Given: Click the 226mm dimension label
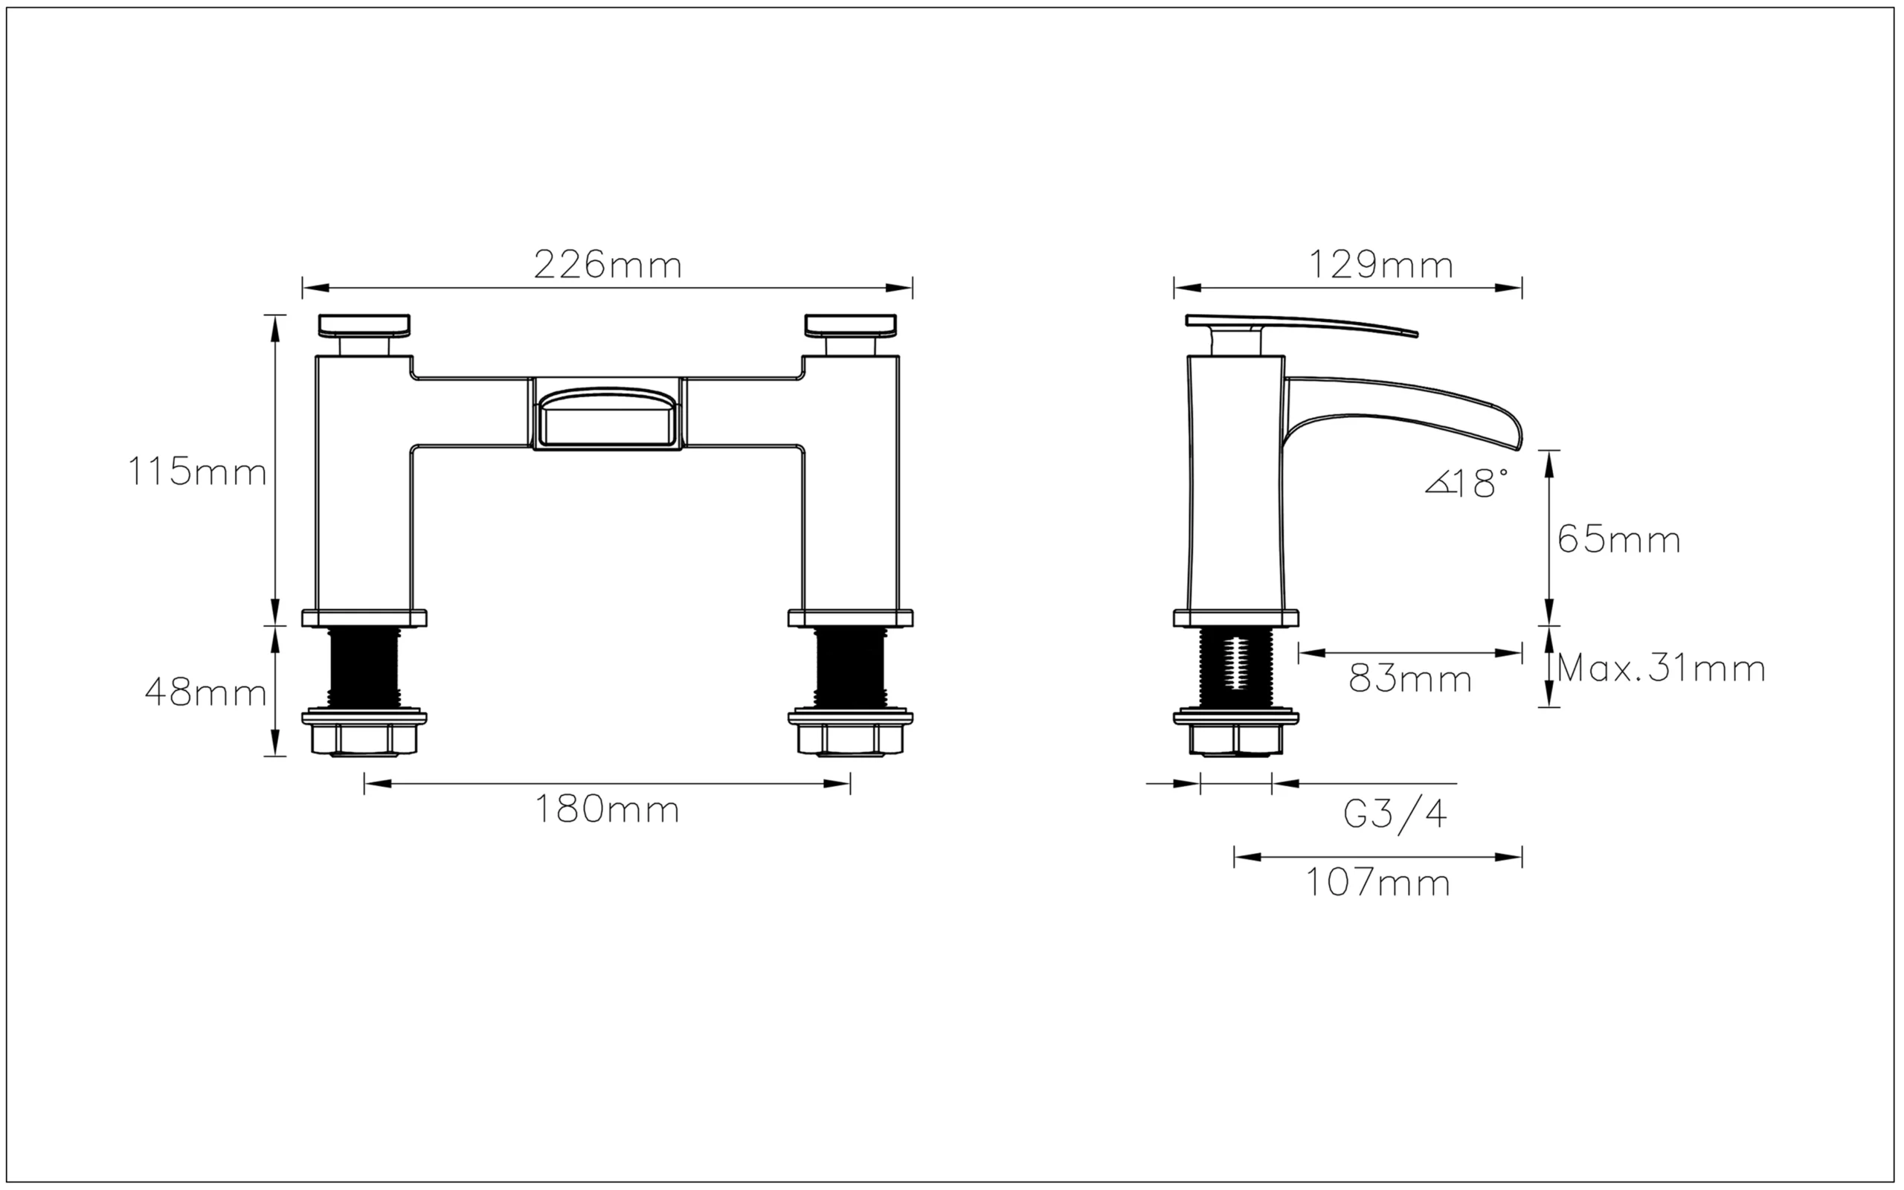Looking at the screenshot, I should (608, 266).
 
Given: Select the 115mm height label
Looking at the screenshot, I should (196, 473).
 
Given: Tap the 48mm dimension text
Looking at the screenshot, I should (205, 693).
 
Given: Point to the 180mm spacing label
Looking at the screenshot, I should (607, 810).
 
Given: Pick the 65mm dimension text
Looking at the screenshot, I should (1618, 540).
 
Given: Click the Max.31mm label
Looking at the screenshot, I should (1661, 669).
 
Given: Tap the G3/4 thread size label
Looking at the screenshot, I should (1395, 814).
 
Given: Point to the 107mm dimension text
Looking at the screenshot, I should (1377, 883).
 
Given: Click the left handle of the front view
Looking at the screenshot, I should (364, 325).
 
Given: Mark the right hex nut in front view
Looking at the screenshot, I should (851, 738).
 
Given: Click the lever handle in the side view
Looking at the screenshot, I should (1298, 324).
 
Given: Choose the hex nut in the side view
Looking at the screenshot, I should (1235, 739).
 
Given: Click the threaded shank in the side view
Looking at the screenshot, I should (1235, 665).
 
